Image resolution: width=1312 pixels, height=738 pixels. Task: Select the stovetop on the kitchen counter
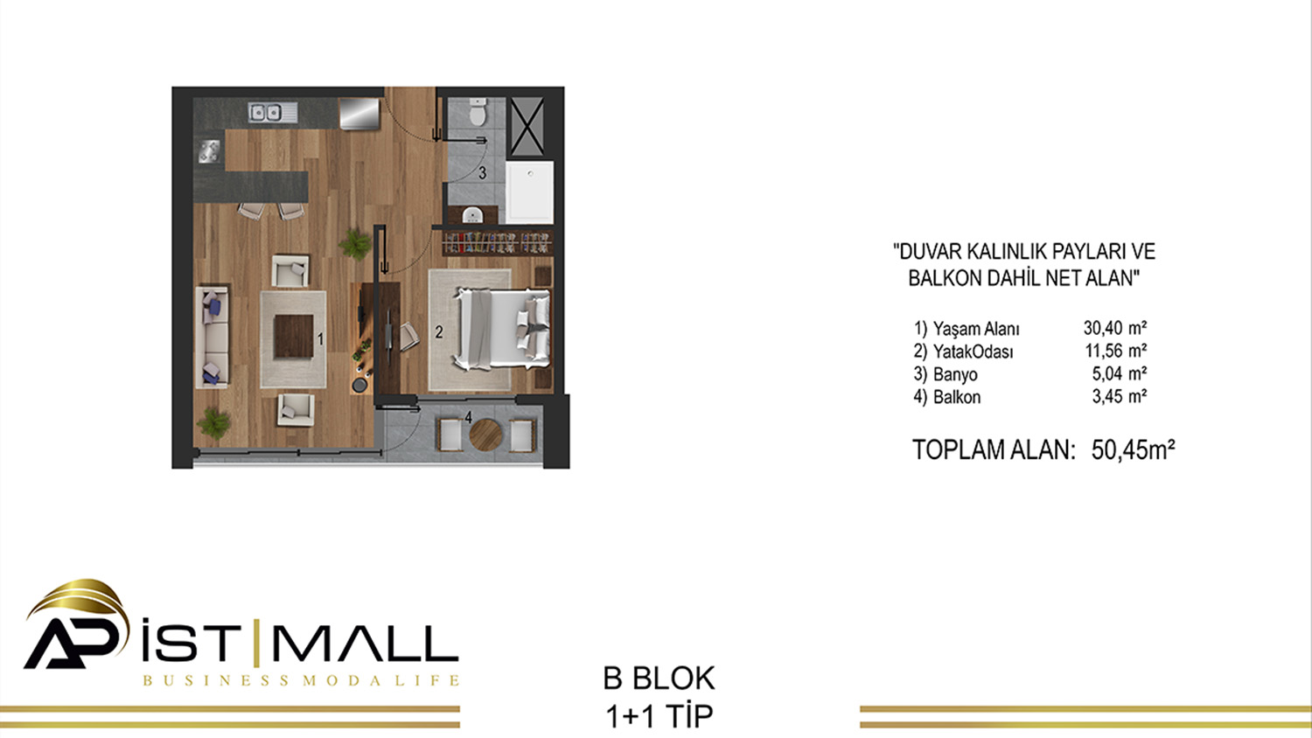pyautogui.click(x=209, y=151)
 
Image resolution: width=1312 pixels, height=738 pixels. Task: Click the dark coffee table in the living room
pyautogui.click(x=293, y=336)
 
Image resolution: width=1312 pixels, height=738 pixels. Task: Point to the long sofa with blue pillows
pyautogui.click(x=212, y=337)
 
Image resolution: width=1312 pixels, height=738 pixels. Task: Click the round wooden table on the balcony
pyautogui.click(x=485, y=435)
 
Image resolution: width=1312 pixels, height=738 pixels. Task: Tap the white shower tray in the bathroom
pyautogui.click(x=529, y=192)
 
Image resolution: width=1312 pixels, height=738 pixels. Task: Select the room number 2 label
pyautogui.click(x=439, y=332)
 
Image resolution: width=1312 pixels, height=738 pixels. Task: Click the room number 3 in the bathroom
pyautogui.click(x=482, y=173)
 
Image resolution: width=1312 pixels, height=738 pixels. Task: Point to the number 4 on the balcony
pyautogui.click(x=469, y=417)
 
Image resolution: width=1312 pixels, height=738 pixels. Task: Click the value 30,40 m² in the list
pyautogui.click(x=1114, y=327)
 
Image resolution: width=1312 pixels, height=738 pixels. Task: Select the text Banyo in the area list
pyautogui.click(x=955, y=374)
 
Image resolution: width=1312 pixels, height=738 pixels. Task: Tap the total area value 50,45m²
pyautogui.click(x=1133, y=449)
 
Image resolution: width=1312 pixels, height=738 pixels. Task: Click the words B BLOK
pyautogui.click(x=659, y=679)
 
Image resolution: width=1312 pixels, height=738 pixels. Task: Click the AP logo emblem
pyautogui.click(x=76, y=624)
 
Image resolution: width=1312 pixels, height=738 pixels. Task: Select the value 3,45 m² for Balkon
pyautogui.click(x=1119, y=396)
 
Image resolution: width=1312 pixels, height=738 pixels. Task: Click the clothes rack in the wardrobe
pyautogui.click(x=497, y=242)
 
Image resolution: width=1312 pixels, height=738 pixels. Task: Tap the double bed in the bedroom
pyautogui.click(x=502, y=329)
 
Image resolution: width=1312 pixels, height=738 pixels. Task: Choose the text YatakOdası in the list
pyautogui.click(x=973, y=352)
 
